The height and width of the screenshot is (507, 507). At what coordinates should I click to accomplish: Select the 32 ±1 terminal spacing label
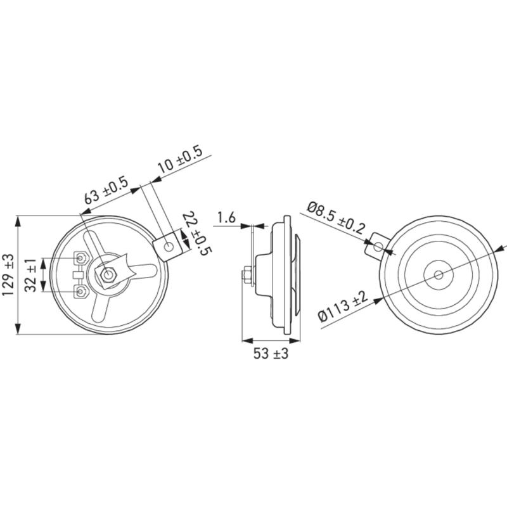coord(30,275)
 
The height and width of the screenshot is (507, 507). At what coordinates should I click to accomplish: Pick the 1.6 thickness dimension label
coord(226,219)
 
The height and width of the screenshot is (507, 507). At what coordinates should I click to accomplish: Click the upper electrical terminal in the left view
coord(82,258)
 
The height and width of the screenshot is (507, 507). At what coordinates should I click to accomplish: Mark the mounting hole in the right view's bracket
coord(378,246)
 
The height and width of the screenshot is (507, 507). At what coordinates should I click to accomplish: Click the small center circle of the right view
coord(439,275)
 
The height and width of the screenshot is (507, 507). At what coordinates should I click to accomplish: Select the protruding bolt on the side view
coord(246,276)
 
